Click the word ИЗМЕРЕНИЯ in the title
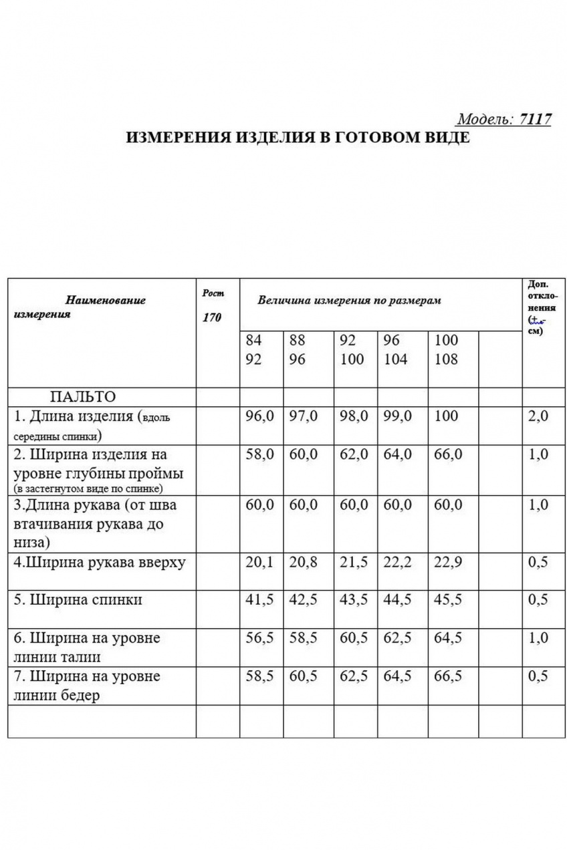coord(177,138)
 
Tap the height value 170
coord(212,317)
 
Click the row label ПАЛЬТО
coord(83,396)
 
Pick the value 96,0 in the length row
coord(260,416)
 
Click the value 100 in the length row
coord(447,416)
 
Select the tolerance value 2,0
coord(538,416)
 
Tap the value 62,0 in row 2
coord(354,454)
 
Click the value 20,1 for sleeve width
coord(260,563)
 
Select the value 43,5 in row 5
coord(354,600)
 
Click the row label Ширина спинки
coord(78,600)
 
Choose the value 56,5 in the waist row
coord(260,638)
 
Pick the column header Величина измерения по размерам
coord(349,301)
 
